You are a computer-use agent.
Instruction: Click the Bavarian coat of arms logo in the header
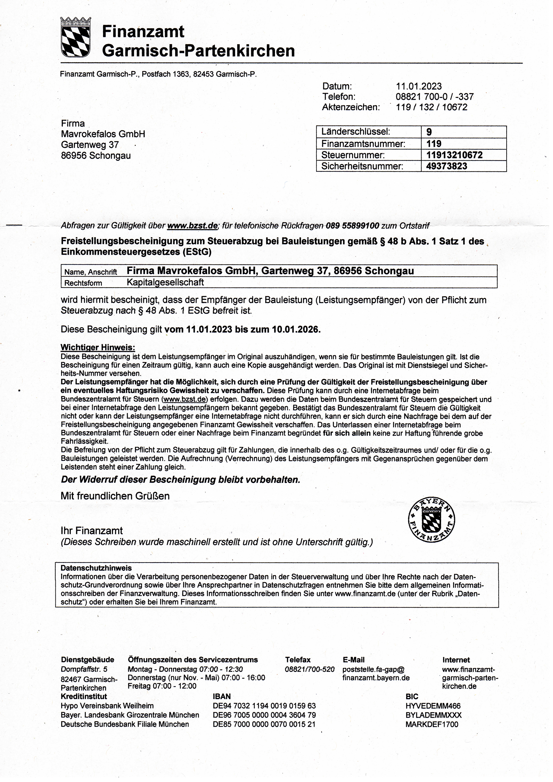click(75, 37)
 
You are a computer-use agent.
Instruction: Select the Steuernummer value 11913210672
click(454, 155)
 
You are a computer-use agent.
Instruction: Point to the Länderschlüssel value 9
click(429, 132)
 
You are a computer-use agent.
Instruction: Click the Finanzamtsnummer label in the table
click(363, 144)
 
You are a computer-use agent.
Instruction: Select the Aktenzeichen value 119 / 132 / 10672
click(431, 107)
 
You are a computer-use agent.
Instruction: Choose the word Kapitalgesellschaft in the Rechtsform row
click(165, 282)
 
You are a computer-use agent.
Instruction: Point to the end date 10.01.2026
click(295, 329)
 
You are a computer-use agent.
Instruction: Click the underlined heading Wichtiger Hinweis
click(98, 347)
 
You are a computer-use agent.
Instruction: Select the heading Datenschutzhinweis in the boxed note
click(96, 568)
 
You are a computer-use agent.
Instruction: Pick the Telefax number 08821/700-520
click(309, 669)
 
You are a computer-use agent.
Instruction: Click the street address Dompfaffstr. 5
click(84, 669)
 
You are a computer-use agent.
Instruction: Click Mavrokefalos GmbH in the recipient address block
click(103, 134)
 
